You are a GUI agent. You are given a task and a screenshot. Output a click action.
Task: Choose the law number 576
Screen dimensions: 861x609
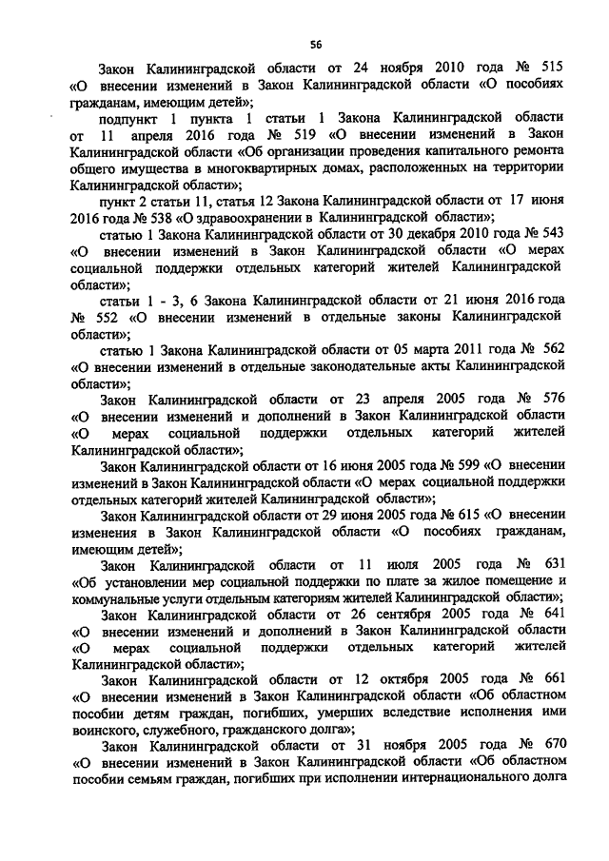551,401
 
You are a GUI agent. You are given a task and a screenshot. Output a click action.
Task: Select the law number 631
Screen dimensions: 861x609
551,563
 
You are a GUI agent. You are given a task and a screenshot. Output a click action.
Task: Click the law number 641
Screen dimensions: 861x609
551,615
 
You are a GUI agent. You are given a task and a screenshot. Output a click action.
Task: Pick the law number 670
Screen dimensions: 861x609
551,746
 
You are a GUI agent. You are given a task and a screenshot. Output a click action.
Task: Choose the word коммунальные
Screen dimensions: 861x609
118,597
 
